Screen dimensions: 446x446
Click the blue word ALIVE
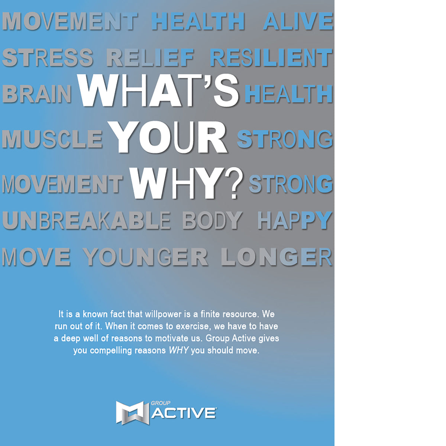coord(298,22)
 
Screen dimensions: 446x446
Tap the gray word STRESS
coord(48,58)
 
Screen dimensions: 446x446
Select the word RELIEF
coord(150,58)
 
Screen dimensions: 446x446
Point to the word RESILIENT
coord(271,58)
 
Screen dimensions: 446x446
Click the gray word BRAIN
coord(37,94)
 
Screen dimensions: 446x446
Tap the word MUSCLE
coord(52,139)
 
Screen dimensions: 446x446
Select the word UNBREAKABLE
coord(86,221)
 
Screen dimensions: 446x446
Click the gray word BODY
coord(212,221)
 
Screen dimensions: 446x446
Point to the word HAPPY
coord(294,221)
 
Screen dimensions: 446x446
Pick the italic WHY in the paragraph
coord(179,350)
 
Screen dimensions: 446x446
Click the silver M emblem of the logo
coord(132,412)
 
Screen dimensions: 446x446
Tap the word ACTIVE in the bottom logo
coord(184,413)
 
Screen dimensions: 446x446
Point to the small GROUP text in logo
coord(161,403)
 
